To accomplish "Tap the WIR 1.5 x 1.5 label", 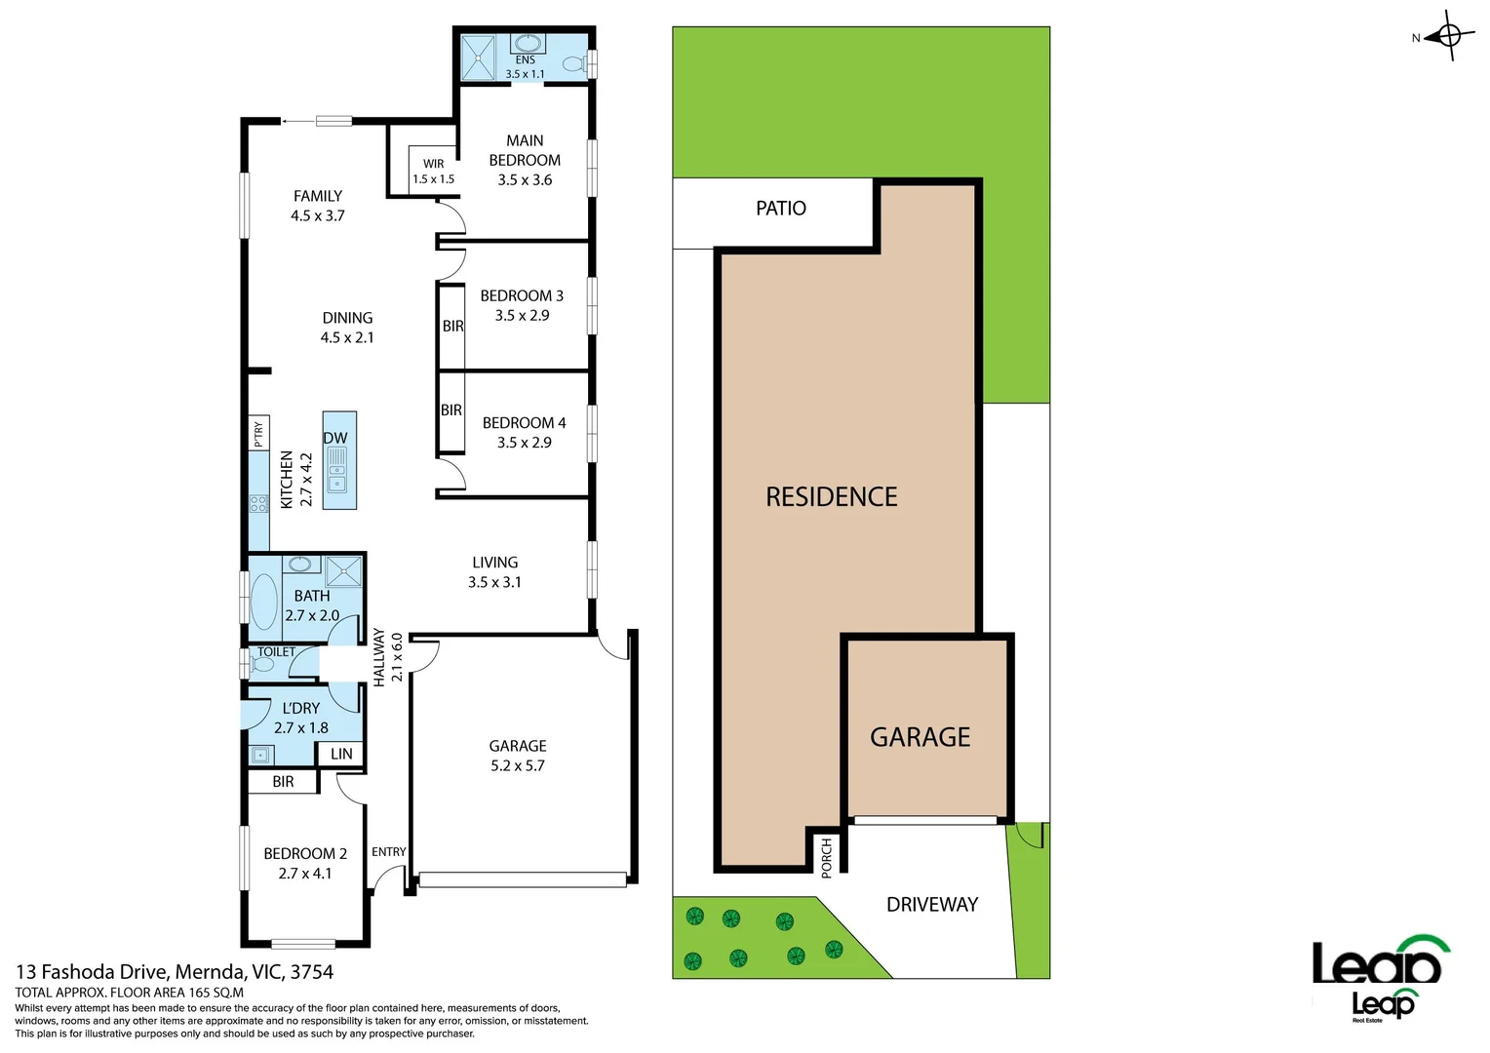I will click(433, 172).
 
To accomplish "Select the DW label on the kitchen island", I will click(335, 438).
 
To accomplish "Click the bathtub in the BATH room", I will click(263, 602).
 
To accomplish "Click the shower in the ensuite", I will click(479, 58).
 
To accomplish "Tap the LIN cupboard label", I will click(341, 754).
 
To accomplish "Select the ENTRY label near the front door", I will click(388, 852).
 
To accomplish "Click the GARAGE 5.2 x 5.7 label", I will click(518, 756).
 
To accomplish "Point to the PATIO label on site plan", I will click(781, 209).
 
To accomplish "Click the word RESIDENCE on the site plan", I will click(831, 497).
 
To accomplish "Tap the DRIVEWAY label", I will click(931, 905).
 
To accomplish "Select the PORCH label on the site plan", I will click(827, 857).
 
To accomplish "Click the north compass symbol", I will click(1447, 37).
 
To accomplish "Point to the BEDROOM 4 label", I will click(524, 432).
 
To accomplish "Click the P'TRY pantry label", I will click(258, 434).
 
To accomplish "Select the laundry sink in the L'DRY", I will click(259, 755).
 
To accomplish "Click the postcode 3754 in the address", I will click(311, 972).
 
